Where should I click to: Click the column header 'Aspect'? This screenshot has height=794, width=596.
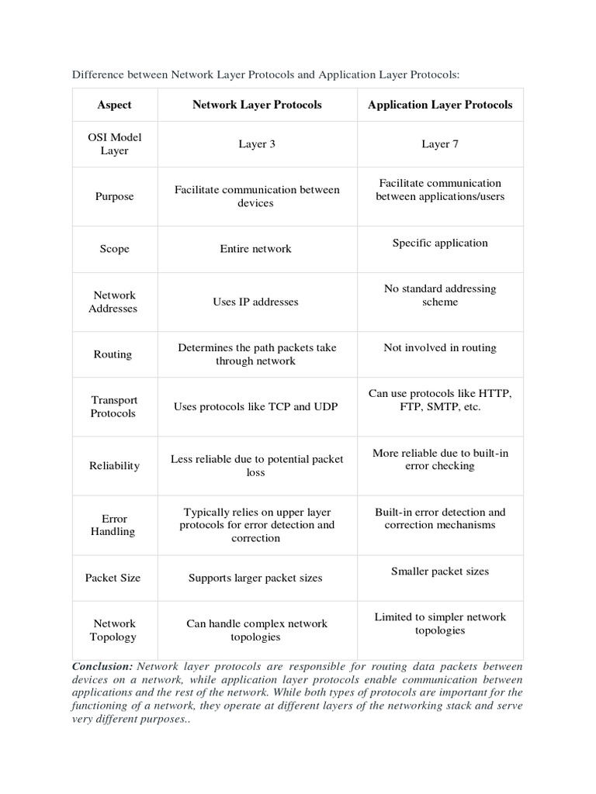(x=114, y=105)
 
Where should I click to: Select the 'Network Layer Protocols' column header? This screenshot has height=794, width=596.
(x=256, y=105)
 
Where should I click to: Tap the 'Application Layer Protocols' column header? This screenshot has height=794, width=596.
(x=440, y=105)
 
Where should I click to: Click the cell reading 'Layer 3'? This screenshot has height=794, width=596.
(x=256, y=144)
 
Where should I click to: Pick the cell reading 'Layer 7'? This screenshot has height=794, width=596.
(x=440, y=144)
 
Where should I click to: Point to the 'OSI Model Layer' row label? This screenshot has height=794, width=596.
(x=114, y=144)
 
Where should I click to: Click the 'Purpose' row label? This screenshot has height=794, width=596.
(x=114, y=196)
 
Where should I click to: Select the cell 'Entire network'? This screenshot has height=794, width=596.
(x=256, y=249)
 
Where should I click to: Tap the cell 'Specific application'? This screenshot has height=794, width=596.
(x=440, y=243)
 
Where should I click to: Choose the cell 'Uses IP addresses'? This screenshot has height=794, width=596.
(x=256, y=302)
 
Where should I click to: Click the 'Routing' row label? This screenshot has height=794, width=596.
(x=114, y=354)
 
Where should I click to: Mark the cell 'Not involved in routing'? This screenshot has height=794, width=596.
(x=440, y=348)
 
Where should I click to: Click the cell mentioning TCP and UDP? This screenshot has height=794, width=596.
(x=256, y=407)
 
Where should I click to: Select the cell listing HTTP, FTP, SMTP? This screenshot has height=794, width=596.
(x=440, y=400)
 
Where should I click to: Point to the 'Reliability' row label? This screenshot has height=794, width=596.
(x=114, y=466)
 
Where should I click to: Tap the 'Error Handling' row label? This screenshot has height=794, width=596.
(x=114, y=525)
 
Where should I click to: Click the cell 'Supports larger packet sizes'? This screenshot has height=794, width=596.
(x=256, y=578)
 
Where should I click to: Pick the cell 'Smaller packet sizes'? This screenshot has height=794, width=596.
(x=440, y=571)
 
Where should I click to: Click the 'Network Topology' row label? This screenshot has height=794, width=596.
(x=114, y=630)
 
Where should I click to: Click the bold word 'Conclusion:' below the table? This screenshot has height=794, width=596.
(x=102, y=667)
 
